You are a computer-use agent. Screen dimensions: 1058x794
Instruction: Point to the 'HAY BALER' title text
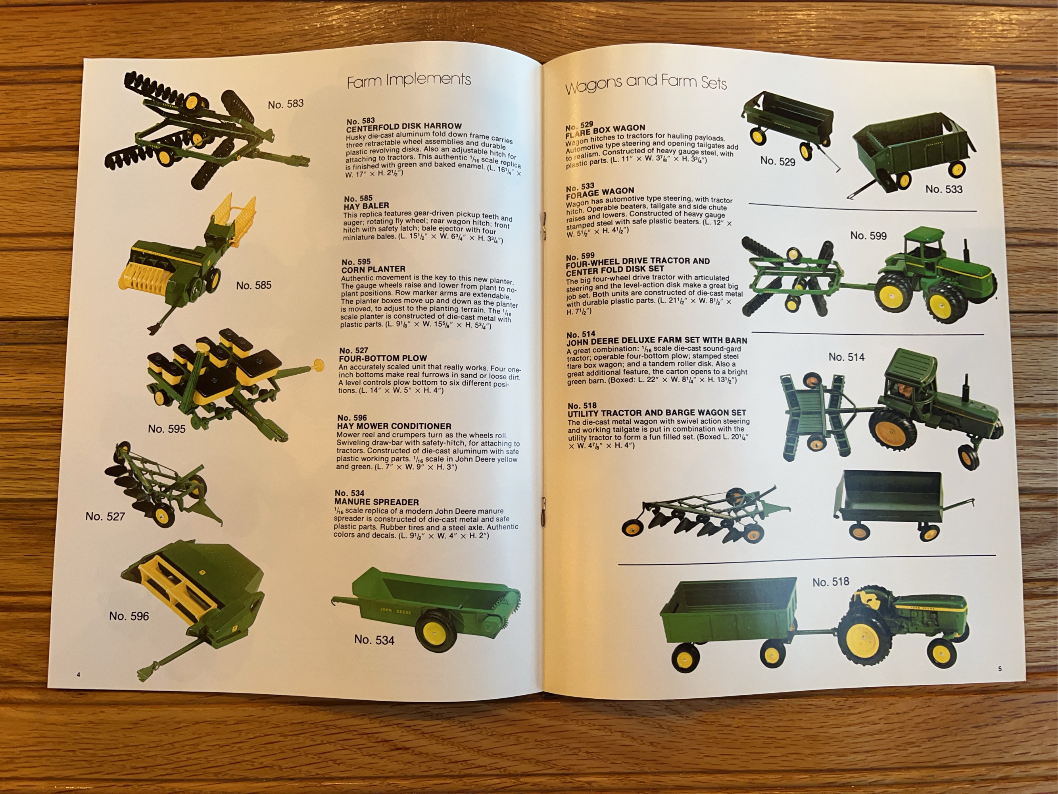367,205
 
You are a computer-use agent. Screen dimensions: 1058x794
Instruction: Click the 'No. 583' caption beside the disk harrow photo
286,104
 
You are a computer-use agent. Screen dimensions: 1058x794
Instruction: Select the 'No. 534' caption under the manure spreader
374,640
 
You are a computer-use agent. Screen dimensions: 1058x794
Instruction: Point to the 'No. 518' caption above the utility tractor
831,582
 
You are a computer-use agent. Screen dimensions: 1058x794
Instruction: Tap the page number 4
79,675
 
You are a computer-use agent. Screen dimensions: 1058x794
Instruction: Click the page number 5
1000,669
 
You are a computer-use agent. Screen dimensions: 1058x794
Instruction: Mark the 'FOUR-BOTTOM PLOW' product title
383,358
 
